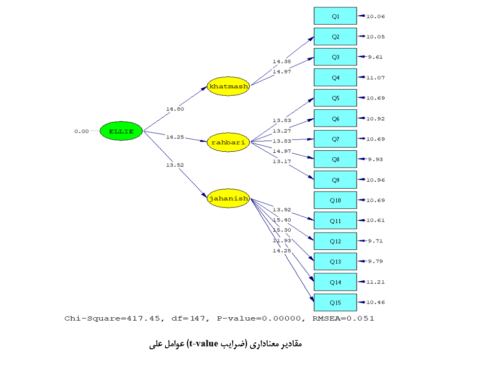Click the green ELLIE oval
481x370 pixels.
121,132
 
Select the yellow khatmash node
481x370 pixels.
229,87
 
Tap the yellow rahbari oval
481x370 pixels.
229,142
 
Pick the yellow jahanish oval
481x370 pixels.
229,199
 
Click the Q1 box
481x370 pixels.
335,16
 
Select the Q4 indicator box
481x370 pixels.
335,77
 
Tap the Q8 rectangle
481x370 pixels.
335,159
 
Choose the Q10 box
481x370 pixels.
335,201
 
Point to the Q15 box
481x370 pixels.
335,303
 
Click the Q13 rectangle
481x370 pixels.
335,262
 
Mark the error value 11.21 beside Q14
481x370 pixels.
375,282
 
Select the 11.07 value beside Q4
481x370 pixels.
375,78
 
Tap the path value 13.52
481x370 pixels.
175,165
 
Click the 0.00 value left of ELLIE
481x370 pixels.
82,132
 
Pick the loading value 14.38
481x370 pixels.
282,62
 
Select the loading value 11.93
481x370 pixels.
282,240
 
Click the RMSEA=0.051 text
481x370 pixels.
343,318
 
